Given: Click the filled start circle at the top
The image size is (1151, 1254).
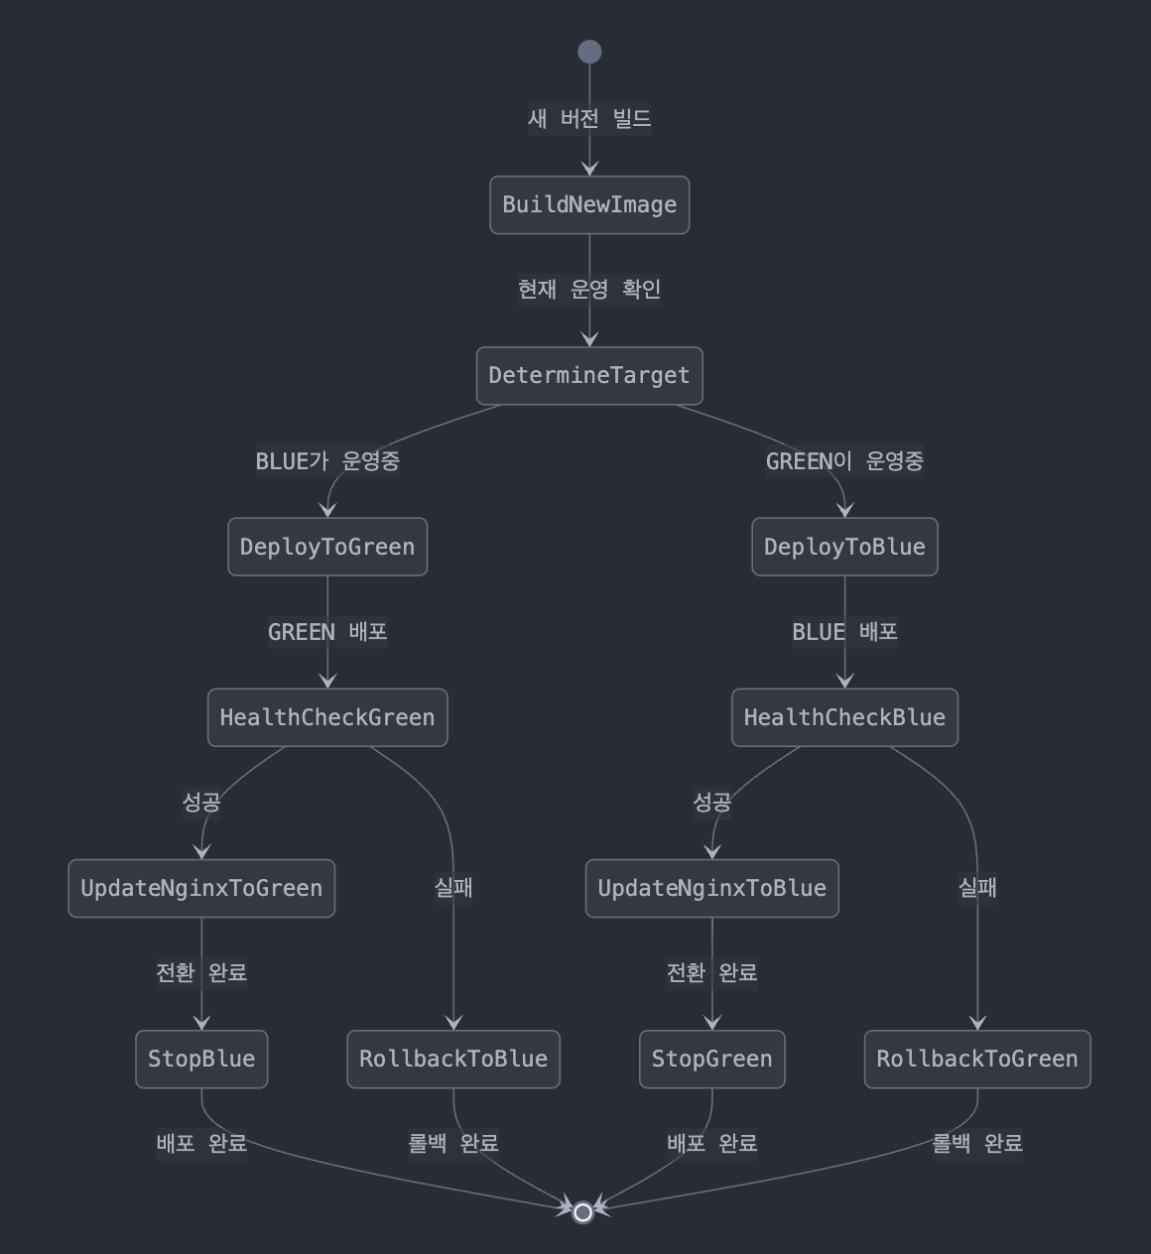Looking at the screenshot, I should pos(589,52).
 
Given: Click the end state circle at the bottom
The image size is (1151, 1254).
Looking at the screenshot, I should pos(583,1211).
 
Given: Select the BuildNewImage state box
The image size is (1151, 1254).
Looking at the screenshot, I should pos(589,205).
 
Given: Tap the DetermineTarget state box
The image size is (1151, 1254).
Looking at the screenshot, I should pos(589,376).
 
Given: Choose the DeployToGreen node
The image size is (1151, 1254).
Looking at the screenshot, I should pos(327,547).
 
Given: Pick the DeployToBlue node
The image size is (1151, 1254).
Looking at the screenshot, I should pos(844,547).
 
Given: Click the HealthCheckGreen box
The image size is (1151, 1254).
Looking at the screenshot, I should pos(327,717).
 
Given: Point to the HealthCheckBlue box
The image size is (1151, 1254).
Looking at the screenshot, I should pos(844,717).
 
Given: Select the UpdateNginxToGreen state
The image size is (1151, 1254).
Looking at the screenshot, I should pos(201,888).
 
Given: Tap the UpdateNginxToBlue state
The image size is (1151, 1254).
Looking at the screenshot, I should pos(711,888).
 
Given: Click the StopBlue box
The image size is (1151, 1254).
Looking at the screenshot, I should pos(201,1060).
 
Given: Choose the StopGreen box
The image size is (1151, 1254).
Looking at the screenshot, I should pos(711,1060).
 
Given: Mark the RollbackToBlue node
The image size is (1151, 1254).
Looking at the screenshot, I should pos(453,1060).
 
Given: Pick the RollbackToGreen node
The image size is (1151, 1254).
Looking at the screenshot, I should pos(977,1060).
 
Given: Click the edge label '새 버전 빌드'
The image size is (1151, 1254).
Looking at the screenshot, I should pos(589,119).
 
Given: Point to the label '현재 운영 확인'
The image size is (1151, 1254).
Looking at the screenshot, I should pos(589,290).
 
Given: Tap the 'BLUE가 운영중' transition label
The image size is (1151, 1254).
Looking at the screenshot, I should pos(327,461).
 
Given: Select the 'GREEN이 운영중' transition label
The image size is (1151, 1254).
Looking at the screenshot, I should pos(844,461).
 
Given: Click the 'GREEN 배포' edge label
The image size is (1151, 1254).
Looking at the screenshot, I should pos(327,632).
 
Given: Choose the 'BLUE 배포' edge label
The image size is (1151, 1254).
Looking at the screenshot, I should pos(844,632).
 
